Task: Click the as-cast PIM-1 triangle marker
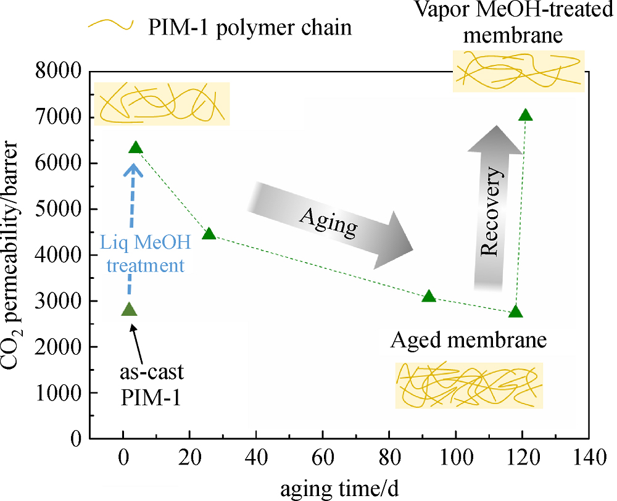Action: [130, 310]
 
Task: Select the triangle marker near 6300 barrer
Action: [136, 147]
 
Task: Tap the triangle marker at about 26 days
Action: [209, 234]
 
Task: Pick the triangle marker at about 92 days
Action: [429, 296]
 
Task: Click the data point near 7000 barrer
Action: [526, 115]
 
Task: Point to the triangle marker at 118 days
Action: [515, 312]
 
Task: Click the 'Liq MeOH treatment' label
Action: [146, 254]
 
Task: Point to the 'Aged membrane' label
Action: [468, 339]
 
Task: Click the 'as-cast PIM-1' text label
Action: [152, 385]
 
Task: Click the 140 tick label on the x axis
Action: [588, 458]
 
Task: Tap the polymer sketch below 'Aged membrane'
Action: [469, 385]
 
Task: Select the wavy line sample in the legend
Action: [111, 25]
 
